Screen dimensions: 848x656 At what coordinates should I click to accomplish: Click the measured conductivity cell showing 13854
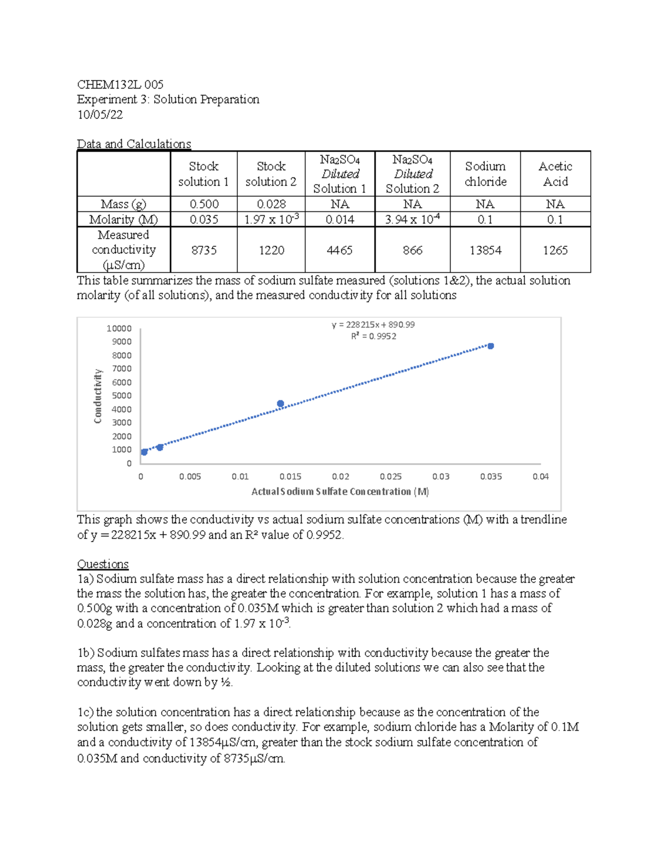coord(485,250)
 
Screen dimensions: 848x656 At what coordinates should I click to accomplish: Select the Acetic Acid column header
coord(555,174)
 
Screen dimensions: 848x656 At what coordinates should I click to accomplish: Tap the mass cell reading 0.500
coord(204,204)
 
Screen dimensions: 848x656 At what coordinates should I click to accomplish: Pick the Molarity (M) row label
coord(124,220)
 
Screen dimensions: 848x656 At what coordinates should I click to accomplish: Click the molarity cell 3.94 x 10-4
coord(412,220)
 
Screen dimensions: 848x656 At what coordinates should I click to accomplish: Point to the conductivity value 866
coord(412,250)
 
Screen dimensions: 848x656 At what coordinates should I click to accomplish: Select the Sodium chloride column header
coord(485,174)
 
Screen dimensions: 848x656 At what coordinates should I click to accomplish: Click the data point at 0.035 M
coord(491,346)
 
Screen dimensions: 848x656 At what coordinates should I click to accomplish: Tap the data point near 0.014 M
coord(280,404)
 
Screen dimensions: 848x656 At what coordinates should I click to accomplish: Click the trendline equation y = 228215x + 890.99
coord(373,324)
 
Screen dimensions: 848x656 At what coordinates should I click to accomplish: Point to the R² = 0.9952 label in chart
coord(373,336)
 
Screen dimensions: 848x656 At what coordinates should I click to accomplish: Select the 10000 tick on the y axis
coord(119,328)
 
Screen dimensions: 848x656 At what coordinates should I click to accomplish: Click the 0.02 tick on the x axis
coord(341,477)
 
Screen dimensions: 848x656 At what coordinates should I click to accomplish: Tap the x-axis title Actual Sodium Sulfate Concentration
coord(339,491)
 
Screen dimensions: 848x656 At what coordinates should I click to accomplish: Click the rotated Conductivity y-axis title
coord(98,396)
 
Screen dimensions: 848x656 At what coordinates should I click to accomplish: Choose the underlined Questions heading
coord(103,564)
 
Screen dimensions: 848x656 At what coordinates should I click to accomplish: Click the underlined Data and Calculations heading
coord(134,144)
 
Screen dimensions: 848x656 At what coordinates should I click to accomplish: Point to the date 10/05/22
coord(100,115)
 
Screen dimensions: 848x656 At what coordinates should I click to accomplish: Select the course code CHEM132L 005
coord(120,85)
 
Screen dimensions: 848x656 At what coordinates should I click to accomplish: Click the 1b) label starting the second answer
coord(86,653)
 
